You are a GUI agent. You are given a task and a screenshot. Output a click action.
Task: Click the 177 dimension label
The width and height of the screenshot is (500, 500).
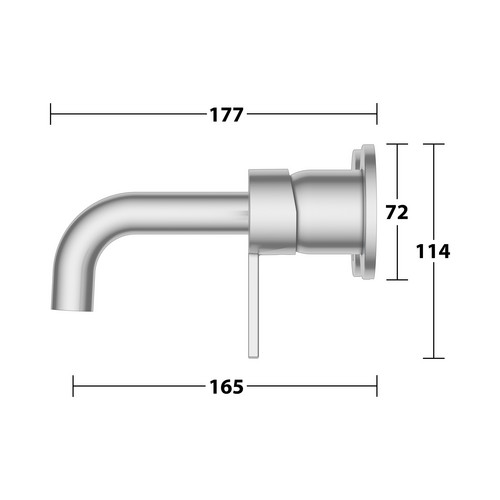(x=226, y=115)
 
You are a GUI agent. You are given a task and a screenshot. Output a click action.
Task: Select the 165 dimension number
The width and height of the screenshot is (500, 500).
(x=226, y=387)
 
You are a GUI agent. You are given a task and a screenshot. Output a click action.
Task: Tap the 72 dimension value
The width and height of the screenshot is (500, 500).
(x=397, y=212)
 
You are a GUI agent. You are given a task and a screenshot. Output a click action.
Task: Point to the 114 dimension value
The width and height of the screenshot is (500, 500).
(x=433, y=251)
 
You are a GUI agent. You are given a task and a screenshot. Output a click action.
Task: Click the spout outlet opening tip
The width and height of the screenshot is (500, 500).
(x=72, y=309)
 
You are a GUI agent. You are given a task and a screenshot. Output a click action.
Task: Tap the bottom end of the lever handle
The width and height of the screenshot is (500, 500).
(x=254, y=357)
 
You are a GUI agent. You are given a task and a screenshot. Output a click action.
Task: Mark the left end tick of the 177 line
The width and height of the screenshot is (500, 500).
(x=50, y=114)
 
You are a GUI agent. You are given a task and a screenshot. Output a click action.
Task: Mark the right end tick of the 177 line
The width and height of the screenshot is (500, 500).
(x=377, y=114)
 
